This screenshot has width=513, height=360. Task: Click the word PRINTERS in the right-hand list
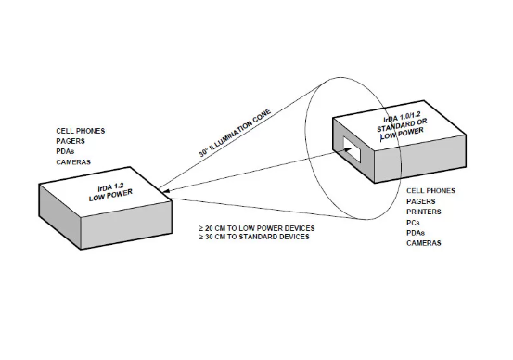[x=424, y=212]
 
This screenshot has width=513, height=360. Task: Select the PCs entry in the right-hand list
[x=413, y=223]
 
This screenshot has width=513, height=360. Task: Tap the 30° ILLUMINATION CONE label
[x=235, y=134]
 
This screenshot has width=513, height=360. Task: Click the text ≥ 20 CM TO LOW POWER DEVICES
[x=256, y=228]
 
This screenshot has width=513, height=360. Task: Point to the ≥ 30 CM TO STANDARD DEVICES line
[x=254, y=237]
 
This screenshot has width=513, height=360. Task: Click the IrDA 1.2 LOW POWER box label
[x=110, y=192]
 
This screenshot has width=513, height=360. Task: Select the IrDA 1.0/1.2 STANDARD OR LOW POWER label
[x=402, y=125]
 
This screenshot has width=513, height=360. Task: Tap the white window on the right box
[x=352, y=149]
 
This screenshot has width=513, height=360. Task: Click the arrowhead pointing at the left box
[x=165, y=191]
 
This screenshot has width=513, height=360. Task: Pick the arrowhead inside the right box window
[x=348, y=150]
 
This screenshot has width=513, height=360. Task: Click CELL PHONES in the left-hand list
[x=81, y=131]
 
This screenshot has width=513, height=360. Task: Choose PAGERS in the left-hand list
[x=71, y=141]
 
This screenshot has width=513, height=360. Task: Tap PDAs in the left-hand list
[x=65, y=151]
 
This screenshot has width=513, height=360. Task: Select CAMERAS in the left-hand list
[x=73, y=162]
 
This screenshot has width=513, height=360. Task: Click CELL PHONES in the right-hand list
[x=430, y=191]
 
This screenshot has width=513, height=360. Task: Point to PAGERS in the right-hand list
[x=421, y=201]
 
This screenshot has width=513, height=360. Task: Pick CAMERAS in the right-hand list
[x=424, y=243]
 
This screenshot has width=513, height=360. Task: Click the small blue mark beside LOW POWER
[x=381, y=137]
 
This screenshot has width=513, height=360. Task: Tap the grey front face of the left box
[x=126, y=225]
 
